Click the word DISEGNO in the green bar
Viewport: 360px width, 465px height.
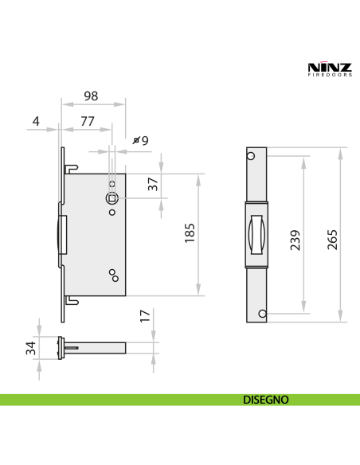[265, 400]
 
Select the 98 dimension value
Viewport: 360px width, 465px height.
[91, 96]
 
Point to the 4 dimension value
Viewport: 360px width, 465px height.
[36, 122]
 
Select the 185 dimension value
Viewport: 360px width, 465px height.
[190, 234]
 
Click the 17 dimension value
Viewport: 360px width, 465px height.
[144, 315]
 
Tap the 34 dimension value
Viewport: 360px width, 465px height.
[30, 348]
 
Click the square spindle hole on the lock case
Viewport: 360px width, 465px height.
[112, 198]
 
